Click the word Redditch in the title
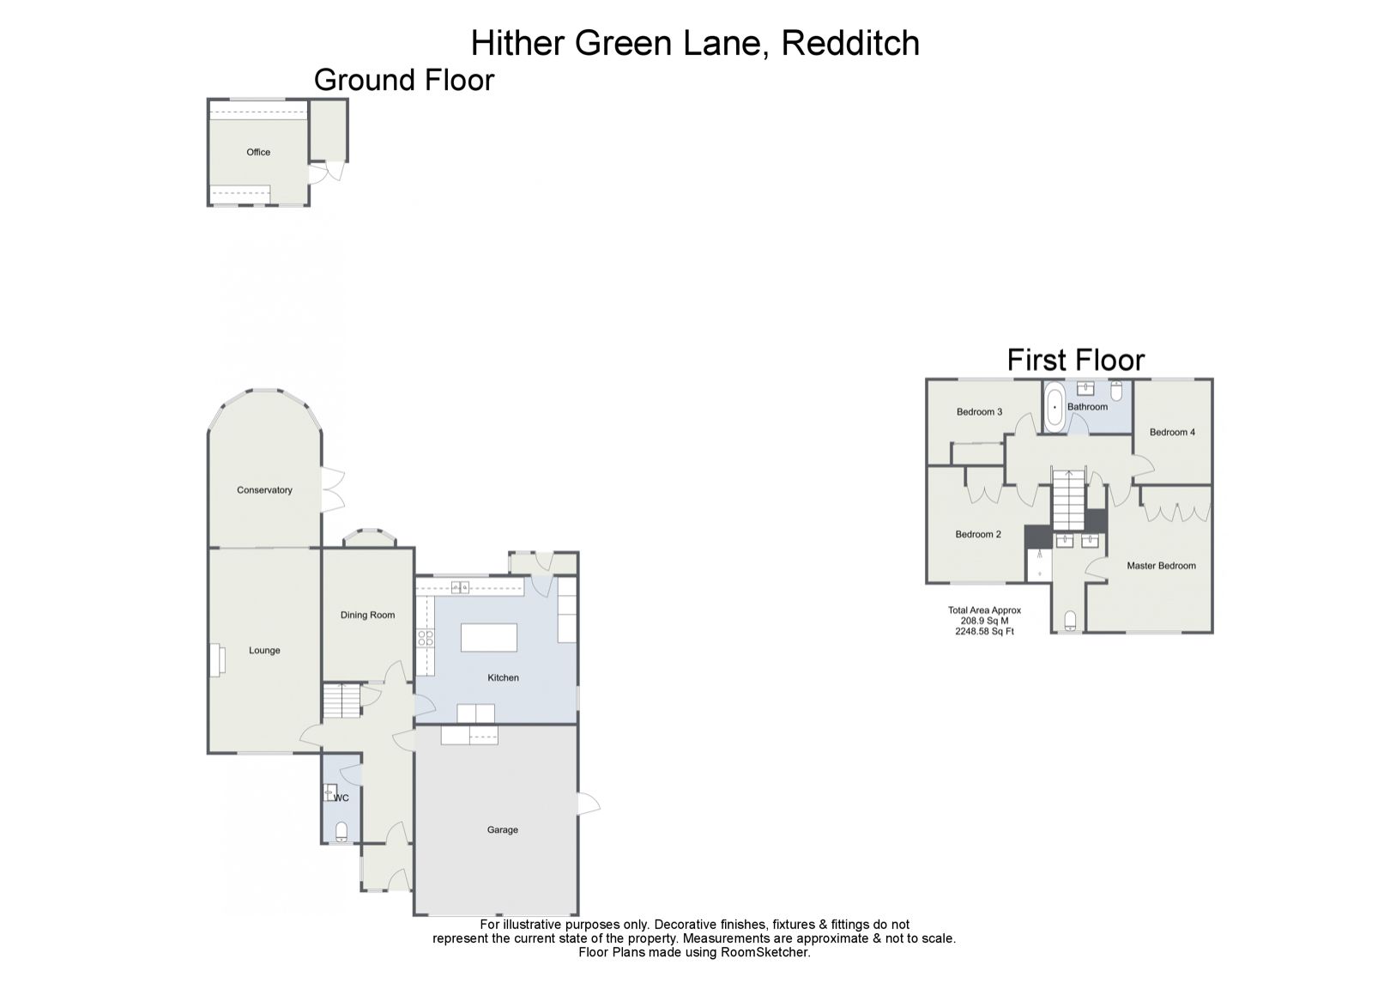coord(850,43)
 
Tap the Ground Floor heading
coord(404,80)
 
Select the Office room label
coord(258,152)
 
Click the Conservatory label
coord(264,490)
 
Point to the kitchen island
coord(489,638)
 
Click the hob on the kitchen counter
coord(425,638)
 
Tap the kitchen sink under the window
coord(460,588)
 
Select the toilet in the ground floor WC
coord(341,831)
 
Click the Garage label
coord(503,830)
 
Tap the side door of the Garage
coord(588,802)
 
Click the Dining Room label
coord(368,615)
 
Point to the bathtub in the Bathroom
coord(1055,406)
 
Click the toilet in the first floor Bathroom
coord(1116,391)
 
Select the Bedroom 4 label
coord(1172,432)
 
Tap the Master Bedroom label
coord(1161,566)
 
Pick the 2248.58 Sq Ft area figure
coord(984,631)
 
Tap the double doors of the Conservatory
coord(331,489)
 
